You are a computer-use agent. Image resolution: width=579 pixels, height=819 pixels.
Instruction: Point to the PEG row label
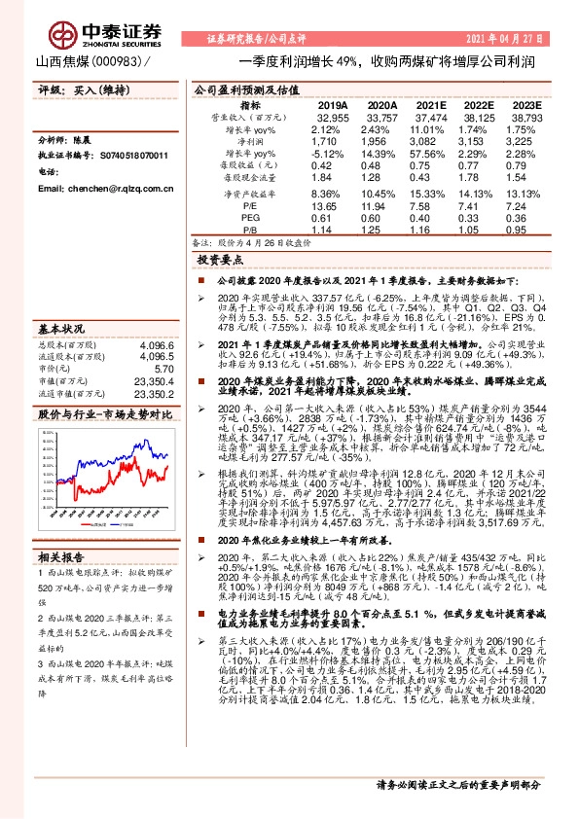(x=250, y=219)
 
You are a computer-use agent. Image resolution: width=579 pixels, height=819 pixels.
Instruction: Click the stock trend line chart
(x=107, y=478)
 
